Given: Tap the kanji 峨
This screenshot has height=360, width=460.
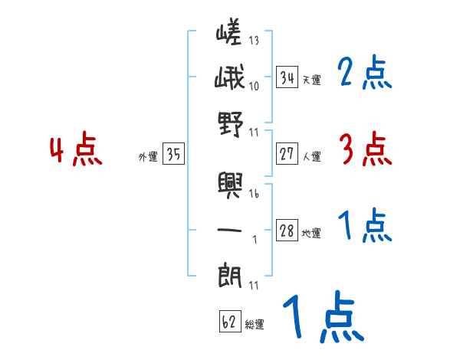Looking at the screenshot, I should [x=229, y=80].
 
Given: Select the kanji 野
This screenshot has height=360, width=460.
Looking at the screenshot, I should [x=229, y=124].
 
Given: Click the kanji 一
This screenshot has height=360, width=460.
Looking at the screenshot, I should [x=229, y=227].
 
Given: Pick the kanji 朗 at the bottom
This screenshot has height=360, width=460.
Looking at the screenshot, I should [x=229, y=274].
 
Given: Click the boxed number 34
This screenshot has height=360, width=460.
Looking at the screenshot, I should [x=287, y=77].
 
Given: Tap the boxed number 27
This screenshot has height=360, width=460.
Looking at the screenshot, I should [x=287, y=154].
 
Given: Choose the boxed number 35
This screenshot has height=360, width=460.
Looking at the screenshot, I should [x=173, y=155].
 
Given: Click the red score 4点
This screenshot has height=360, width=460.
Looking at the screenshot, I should [x=75, y=151].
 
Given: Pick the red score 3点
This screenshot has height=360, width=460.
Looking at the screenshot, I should [x=364, y=149].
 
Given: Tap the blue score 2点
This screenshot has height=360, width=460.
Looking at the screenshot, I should [x=364, y=74].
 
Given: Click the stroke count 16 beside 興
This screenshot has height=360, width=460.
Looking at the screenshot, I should [x=254, y=195].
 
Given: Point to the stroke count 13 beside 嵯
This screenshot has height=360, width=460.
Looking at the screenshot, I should [x=254, y=41].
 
